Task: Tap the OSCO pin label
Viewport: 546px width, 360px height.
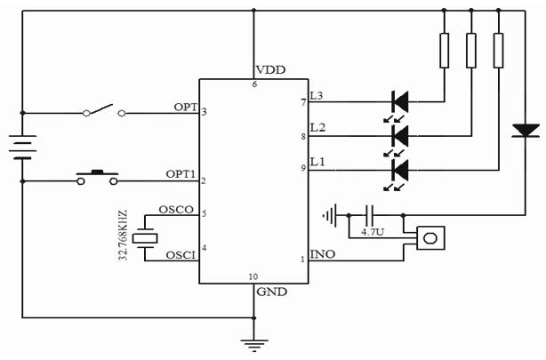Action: tap(177, 210)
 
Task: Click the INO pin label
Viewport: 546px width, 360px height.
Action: tap(323, 254)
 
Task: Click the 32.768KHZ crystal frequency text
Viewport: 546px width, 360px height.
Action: tap(123, 236)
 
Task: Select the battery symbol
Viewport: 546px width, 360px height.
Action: tap(22, 144)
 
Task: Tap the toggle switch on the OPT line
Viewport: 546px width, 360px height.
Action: tap(102, 112)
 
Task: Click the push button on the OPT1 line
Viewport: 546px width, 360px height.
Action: tap(98, 178)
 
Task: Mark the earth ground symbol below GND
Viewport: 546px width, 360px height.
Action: tap(254, 342)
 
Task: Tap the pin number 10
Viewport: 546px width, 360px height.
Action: tap(254, 276)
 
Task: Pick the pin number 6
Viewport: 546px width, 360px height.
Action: tap(254, 84)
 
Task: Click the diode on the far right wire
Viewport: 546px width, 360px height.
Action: tap(526, 132)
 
